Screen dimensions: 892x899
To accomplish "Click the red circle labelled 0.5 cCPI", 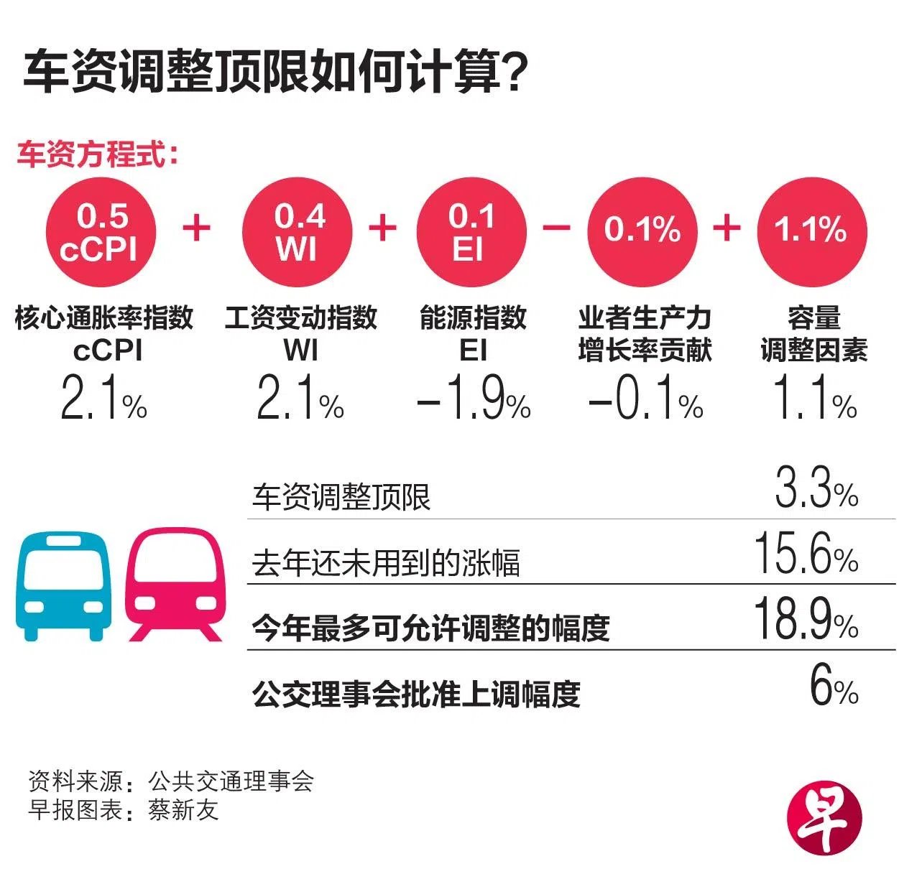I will coord(100,231).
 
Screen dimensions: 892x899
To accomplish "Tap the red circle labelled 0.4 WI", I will coord(298,231).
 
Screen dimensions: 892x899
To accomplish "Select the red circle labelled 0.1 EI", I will coord(471,231).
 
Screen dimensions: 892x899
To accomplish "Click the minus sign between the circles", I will coord(556,228).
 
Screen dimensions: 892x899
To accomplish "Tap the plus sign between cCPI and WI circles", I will coord(196,228).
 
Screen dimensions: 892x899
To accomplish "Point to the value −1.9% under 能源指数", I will coord(474,399).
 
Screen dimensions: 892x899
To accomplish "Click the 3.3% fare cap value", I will coord(816,488).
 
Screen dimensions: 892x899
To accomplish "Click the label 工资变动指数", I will coord(301,317).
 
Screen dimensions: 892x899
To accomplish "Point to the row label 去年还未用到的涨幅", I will coord(386,562).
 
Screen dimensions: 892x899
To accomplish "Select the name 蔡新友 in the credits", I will coord(183,810).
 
